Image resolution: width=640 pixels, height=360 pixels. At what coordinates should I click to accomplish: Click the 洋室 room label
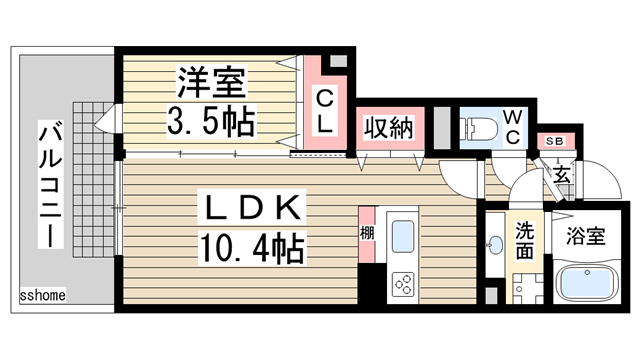click(211, 83)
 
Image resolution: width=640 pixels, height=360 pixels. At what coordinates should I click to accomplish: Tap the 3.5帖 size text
click(211, 120)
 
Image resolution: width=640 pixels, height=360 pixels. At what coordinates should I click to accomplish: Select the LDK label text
click(252, 207)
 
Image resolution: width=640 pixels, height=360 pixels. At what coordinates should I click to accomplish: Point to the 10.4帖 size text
click(252, 247)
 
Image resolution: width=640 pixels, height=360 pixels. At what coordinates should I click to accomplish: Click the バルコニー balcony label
click(51, 184)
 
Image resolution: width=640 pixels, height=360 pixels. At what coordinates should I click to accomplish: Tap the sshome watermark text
click(42, 295)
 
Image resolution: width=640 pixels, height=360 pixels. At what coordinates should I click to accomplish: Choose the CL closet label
click(325, 111)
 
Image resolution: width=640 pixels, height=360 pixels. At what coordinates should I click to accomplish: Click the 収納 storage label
click(389, 128)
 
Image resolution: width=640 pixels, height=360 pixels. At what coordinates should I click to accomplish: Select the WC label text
click(512, 127)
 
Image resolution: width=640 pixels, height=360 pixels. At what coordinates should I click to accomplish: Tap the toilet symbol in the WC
click(478, 129)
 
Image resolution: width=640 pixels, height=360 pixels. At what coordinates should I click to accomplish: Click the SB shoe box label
click(555, 141)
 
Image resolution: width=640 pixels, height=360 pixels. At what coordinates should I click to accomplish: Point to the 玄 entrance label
click(562, 175)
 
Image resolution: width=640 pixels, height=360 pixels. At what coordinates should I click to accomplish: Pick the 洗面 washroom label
click(524, 241)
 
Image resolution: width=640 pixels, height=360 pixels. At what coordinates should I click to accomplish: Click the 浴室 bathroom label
click(586, 236)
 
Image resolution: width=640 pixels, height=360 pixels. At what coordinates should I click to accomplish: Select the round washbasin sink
click(496, 245)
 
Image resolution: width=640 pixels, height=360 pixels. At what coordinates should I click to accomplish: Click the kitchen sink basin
click(403, 236)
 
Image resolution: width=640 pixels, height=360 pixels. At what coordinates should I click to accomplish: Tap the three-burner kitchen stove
click(403, 284)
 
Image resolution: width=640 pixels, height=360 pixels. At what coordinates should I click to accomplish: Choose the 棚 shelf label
click(367, 233)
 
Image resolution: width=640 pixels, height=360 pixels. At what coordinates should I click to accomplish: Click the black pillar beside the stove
click(372, 284)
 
